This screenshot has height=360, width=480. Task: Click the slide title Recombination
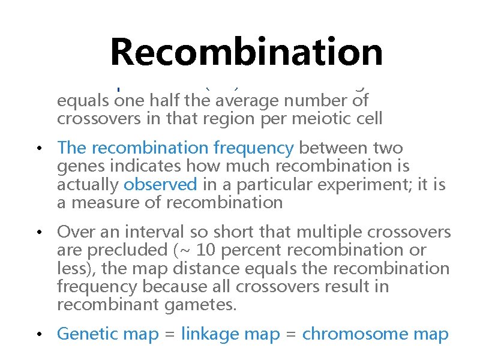pyautogui.click(x=247, y=52)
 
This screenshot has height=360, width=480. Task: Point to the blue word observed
pyautogui.click(x=160, y=184)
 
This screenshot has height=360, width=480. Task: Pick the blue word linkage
pyautogui.click(x=211, y=334)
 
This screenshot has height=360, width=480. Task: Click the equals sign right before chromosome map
pyautogui.click(x=292, y=334)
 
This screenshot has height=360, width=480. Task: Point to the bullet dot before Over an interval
pyautogui.click(x=37, y=232)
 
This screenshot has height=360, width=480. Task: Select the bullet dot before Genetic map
pyautogui.click(x=37, y=334)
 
